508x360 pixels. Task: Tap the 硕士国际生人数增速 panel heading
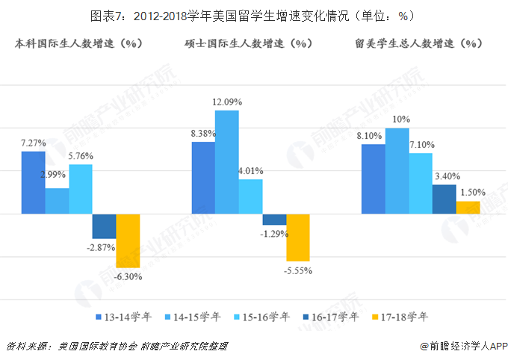248,43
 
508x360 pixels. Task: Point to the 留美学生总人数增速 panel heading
418,43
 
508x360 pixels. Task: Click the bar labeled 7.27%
33,182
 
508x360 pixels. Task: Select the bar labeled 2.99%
57,200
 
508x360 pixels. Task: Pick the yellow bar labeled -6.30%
128,240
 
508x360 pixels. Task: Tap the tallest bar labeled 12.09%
227,161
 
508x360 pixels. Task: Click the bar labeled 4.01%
250,196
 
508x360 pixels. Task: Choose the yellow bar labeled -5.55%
298,237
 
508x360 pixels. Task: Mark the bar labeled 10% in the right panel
397,170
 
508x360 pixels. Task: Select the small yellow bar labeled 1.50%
468,207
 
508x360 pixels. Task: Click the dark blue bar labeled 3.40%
444,199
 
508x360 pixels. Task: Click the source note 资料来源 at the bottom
116,347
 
